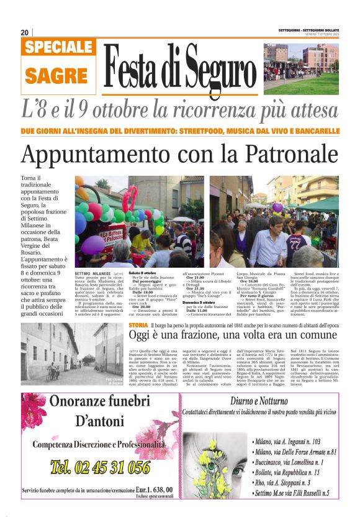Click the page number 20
click(x=25, y=32)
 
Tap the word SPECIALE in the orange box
click(x=60, y=48)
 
